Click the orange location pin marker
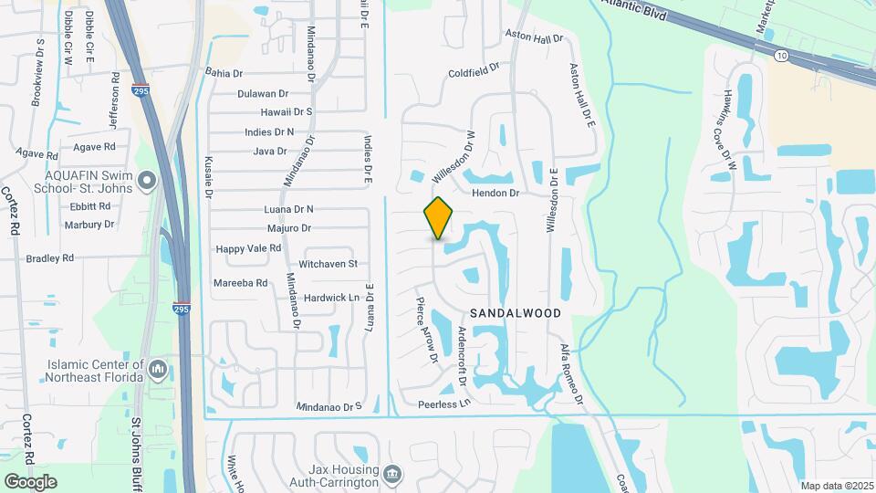(439, 218)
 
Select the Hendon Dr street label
(495, 194)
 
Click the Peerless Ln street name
(443, 403)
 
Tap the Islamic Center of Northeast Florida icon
(158, 370)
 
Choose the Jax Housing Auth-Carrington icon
(391, 474)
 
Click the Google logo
(30, 481)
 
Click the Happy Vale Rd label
(248, 248)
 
